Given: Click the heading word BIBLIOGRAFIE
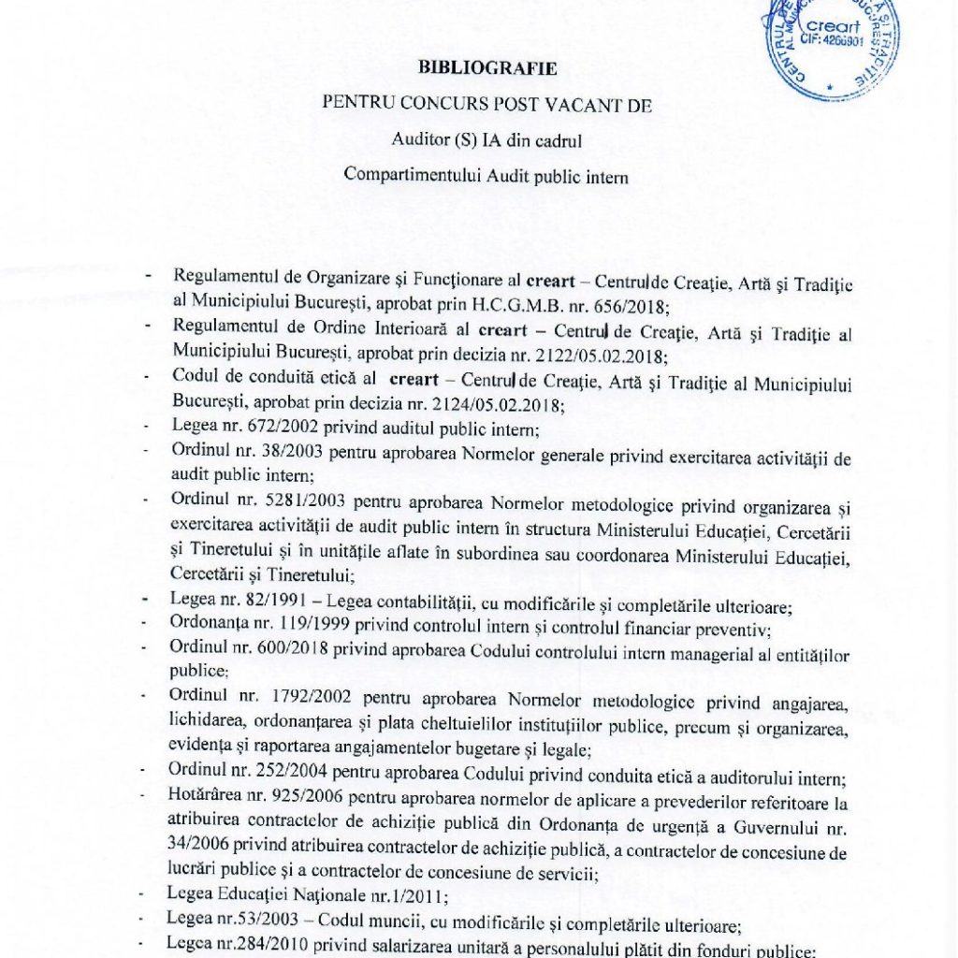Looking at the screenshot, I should point(487,68).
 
